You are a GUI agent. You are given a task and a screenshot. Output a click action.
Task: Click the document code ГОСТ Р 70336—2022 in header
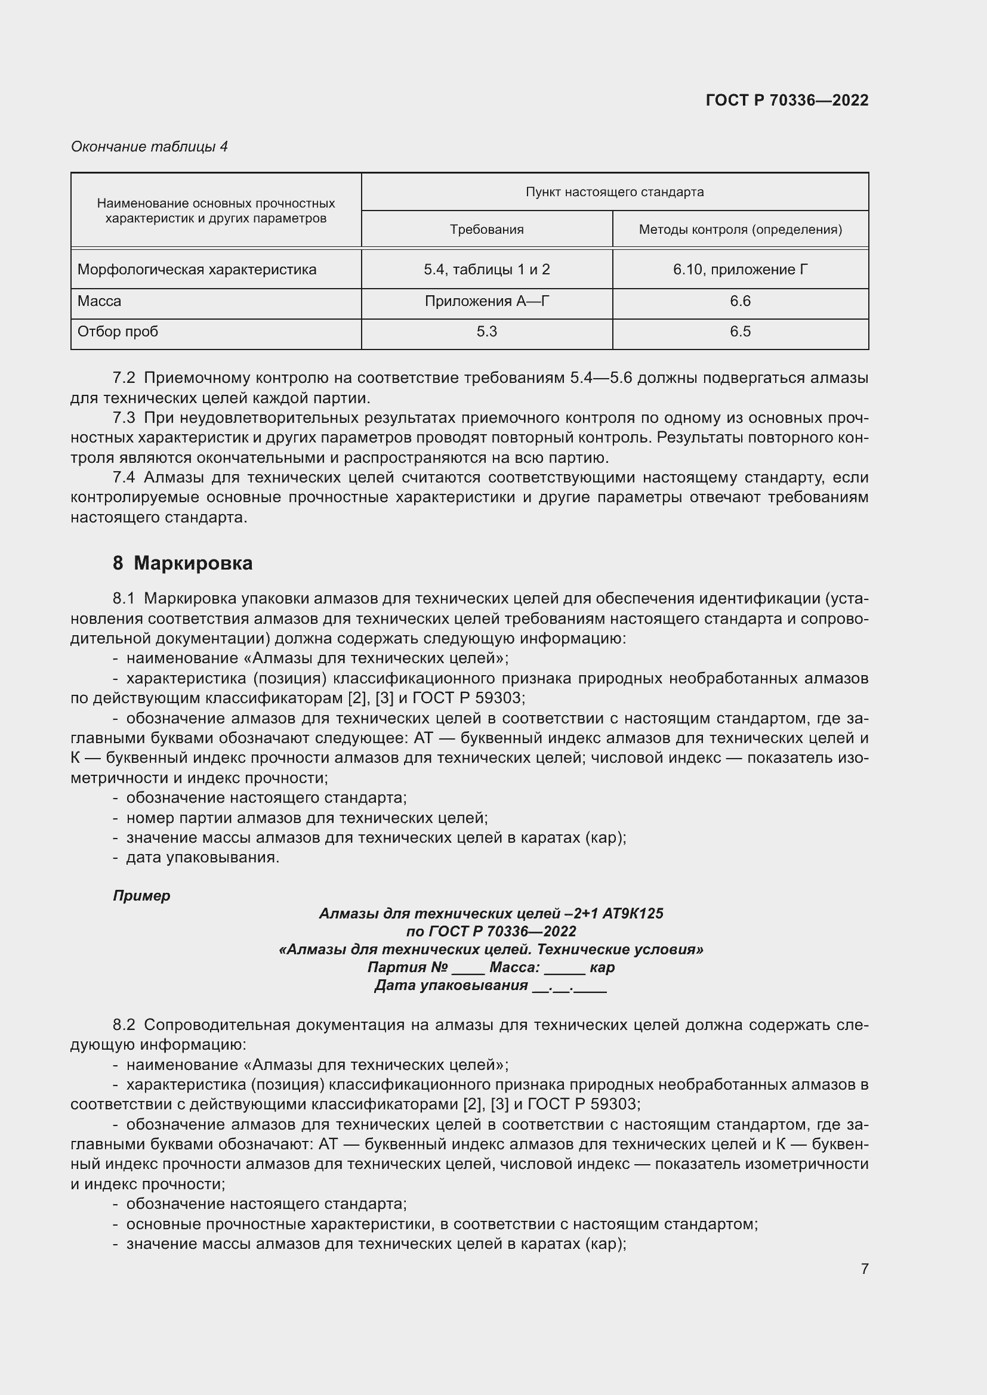tap(786, 100)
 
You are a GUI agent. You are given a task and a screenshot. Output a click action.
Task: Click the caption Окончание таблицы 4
tap(149, 147)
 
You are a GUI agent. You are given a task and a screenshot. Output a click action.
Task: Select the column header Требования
tap(486, 230)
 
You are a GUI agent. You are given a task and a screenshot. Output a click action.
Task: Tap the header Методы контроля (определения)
tap(739, 230)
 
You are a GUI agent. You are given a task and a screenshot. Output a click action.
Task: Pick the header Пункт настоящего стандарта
tap(615, 192)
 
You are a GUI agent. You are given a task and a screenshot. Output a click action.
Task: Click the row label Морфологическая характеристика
tap(197, 269)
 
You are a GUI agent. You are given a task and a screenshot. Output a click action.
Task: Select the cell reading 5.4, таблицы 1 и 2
tap(486, 269)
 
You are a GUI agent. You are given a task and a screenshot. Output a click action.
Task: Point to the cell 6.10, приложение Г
tap(739, 269)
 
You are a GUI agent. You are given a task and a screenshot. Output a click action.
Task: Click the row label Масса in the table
tap(99, 301)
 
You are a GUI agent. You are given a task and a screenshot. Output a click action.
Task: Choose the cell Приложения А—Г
tap(486, 301)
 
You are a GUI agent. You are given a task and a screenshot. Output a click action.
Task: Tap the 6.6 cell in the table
tap(739, 301)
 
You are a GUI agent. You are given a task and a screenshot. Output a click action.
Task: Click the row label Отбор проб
tap(118, 332)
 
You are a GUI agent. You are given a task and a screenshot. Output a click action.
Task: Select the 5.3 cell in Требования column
tap(486, 332)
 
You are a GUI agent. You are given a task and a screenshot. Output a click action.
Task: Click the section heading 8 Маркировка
tap(183, 563)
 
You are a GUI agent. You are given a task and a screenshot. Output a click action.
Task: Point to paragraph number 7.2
tap(124, 378)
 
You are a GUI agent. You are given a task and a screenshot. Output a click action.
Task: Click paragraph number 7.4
tap(124, 478)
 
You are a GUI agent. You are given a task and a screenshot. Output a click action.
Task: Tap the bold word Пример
tap(141, 896)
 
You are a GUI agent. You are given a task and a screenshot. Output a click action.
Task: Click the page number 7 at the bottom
tap(864, 1269)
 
